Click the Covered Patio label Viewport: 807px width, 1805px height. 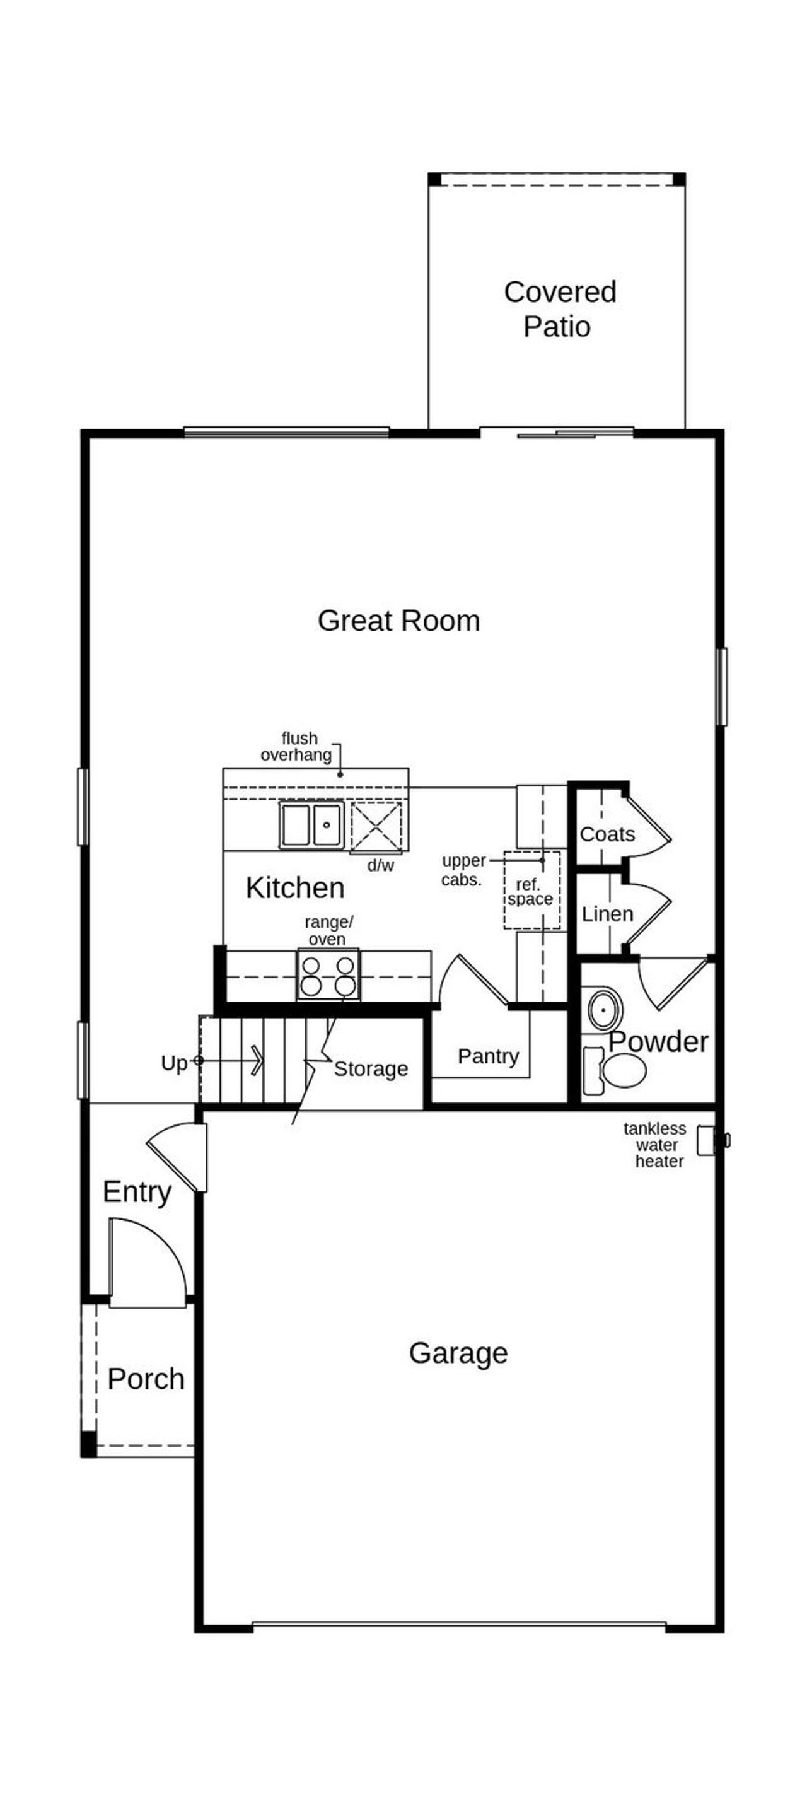pos(559,309)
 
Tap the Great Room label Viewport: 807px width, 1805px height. pos(398,621)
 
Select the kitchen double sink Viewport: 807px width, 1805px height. pos(311,826)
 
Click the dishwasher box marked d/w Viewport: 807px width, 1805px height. pos(376,827)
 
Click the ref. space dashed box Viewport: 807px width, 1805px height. pos(531,891)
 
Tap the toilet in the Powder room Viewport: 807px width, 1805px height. pos(617,1071)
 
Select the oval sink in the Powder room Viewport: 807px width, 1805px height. pos(605,1010)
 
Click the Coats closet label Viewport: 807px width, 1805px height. pos(607,834)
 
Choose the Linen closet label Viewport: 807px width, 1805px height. pos(607,914)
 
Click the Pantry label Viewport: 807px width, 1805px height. pos(488,1056)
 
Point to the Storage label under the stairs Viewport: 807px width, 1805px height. pos(371,1068)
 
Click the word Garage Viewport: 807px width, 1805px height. pos(458,1353)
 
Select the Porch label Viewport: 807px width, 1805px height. pos(146,1379)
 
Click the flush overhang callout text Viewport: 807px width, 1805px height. pos(296,747)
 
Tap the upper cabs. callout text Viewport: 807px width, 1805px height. pos(462,870)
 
